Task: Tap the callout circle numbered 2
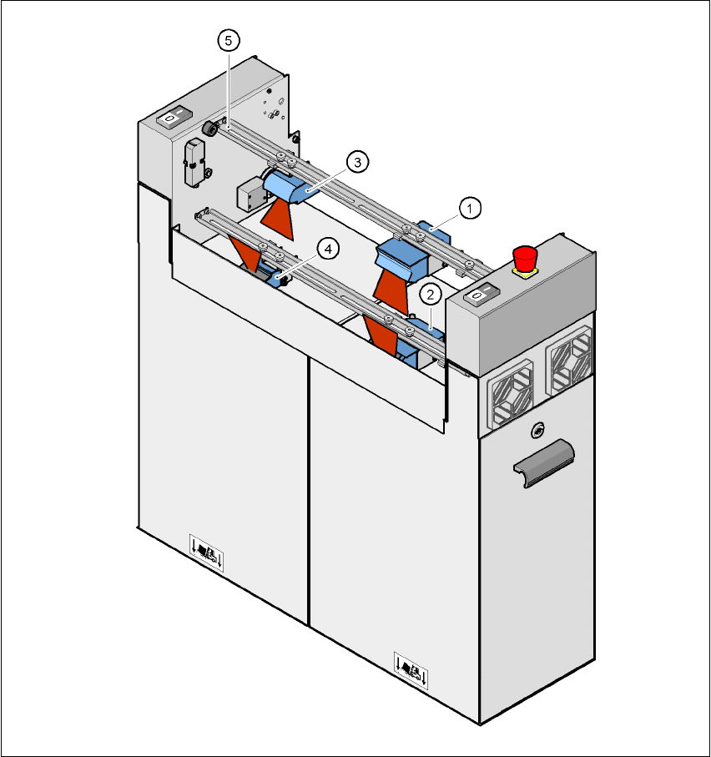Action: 431,294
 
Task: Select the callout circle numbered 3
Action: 356,162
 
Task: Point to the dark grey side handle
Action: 543,459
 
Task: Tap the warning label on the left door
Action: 206,552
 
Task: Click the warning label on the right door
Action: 411,669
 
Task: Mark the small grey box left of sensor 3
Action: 249,196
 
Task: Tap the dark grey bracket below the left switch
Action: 196,162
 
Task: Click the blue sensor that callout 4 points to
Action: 272,274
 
